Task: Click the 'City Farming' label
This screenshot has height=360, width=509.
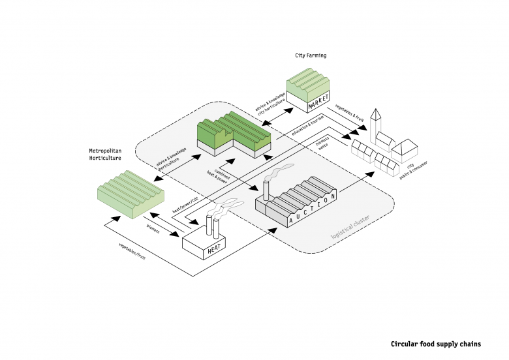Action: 311,56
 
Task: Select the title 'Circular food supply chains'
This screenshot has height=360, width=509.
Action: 435,344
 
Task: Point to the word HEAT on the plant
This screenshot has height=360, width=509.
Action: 215,250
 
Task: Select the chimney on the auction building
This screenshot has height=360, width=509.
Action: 266,190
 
